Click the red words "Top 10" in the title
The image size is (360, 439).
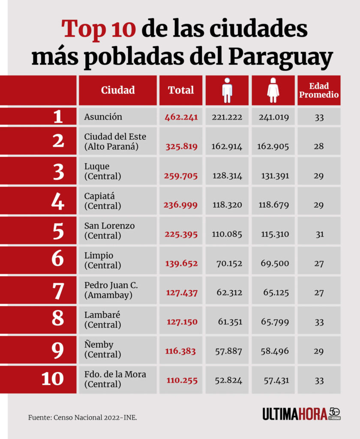pyautogui.click(x=99, y=29)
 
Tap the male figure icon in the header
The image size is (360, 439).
pyautogui.click(x=227, y=90)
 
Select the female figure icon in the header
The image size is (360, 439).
pyautogui.click(x=273, y=90)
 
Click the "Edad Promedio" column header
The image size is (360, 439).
pyautogui.click(x=319, y=90)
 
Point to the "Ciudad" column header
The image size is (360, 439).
pyautogui.click(x=118, y=90)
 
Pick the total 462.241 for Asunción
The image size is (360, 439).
pyautogui.click(x=181, y=117)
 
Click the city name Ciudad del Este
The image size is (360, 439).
pyautogui.click(x=115, y=137)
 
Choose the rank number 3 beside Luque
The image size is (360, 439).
pyautogui.click(x=58, y=171)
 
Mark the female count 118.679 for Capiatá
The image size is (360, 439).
pyautogui.click(x=274, y=205)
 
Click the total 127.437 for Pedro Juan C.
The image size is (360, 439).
pyautogui.click(x=182, y=293)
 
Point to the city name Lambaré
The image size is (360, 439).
pyautogui.click(x=102, y=315)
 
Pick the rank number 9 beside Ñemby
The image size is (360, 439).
pyautogui.click(x=58, y=349)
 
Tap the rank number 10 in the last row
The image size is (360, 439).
pyautogui.click(x=53, y=379)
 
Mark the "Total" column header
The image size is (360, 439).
pyautogui.click(x=181, y=90)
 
